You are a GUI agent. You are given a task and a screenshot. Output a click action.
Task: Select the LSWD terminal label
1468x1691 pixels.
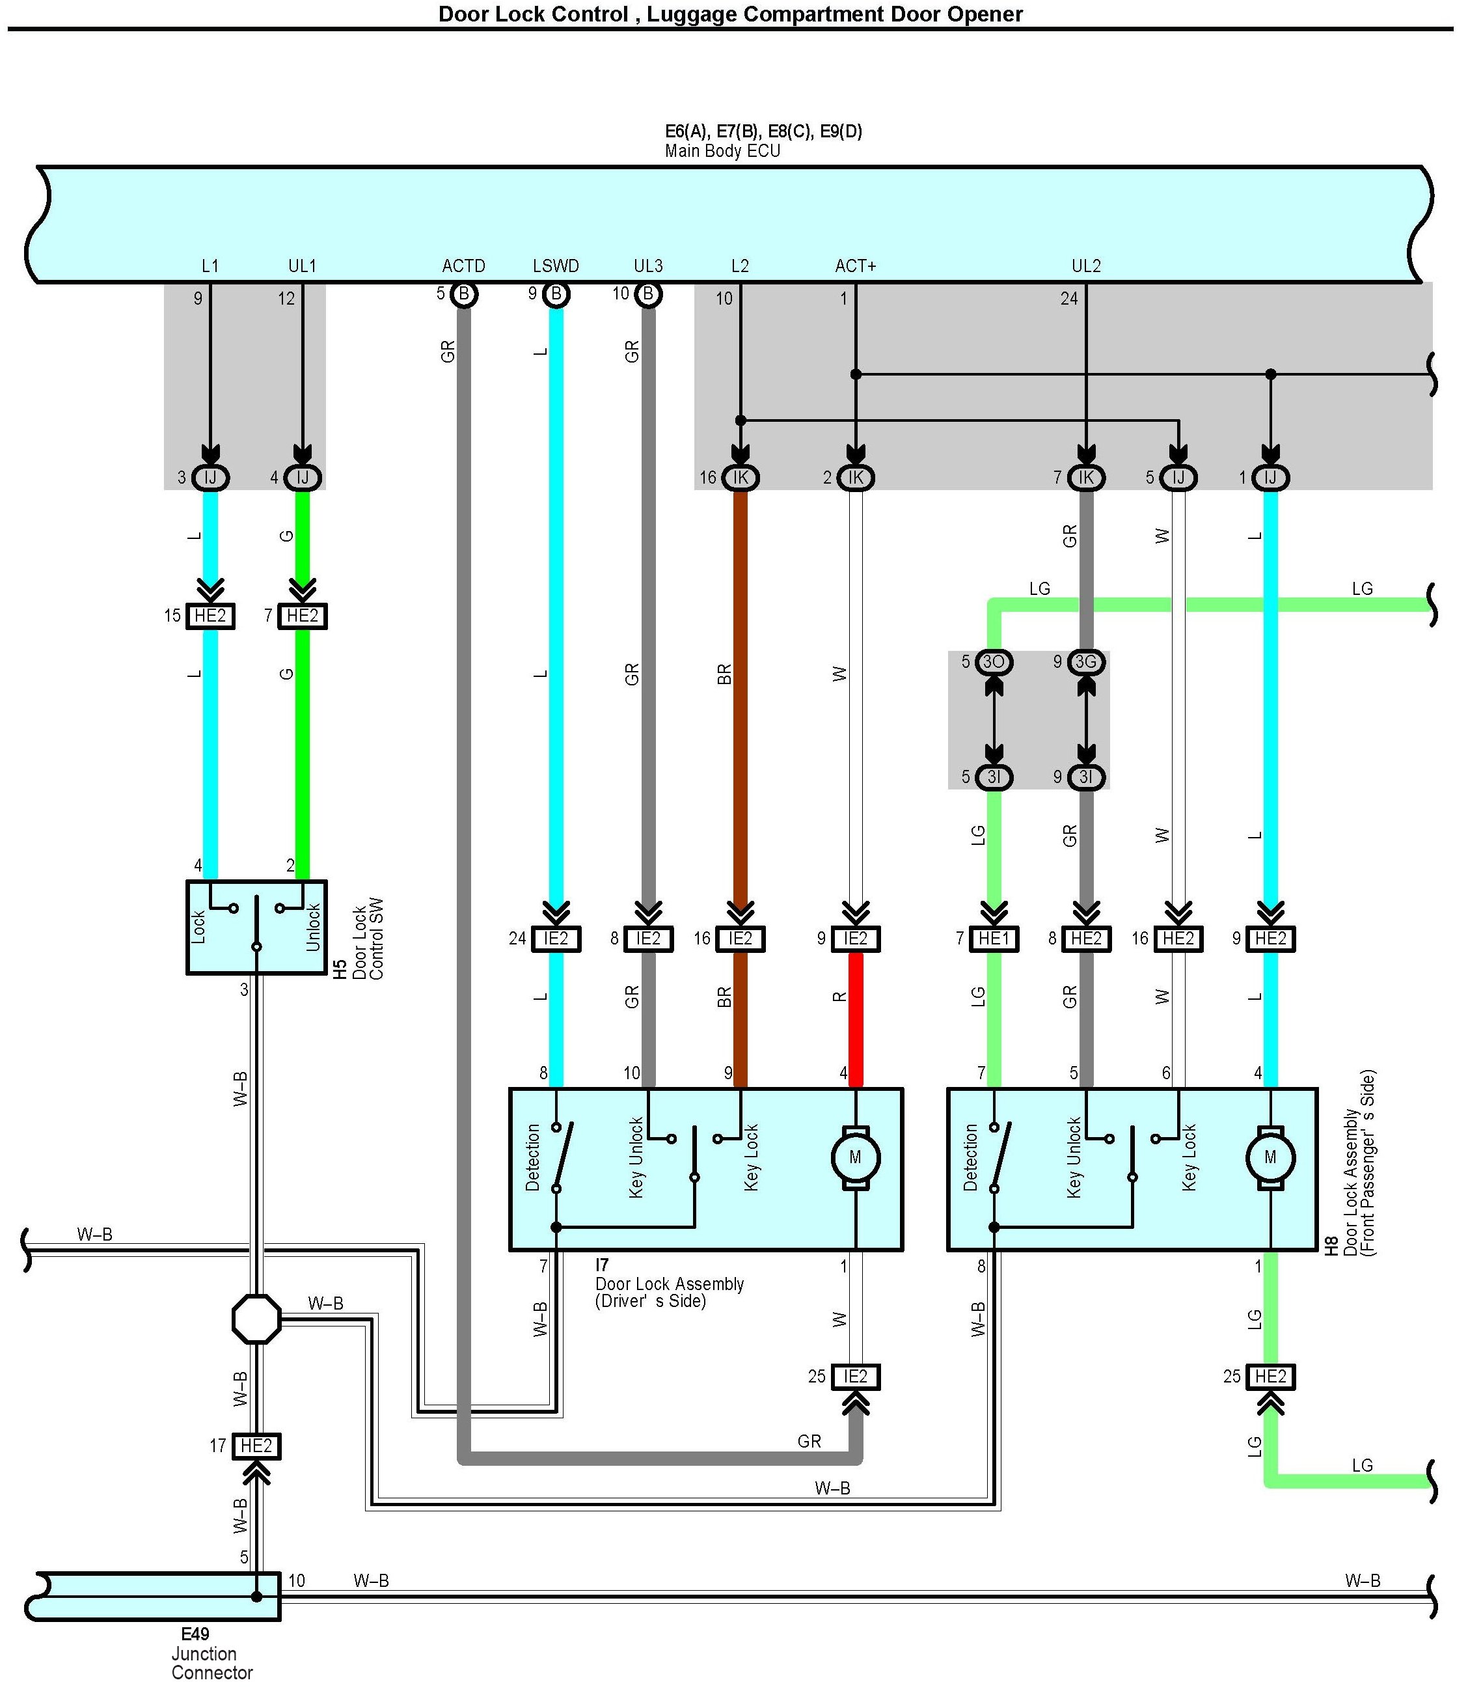(556, 266)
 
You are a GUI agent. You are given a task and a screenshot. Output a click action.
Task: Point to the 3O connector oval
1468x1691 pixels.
(994, 662)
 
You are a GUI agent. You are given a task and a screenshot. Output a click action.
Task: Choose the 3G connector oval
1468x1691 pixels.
(1086, 662)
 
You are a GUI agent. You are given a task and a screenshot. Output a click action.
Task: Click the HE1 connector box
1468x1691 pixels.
(994, 939)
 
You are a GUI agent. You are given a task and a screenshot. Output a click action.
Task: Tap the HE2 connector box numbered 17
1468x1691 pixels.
(256, 1446)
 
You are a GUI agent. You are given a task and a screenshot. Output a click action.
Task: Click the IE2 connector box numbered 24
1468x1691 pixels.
(556, 939)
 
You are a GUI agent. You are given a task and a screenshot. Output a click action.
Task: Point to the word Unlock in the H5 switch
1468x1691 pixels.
(312, 928)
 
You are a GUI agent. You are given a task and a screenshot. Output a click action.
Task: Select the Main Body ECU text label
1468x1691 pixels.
(722, 152)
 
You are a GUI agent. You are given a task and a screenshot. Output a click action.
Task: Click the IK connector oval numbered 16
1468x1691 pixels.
(740, 478)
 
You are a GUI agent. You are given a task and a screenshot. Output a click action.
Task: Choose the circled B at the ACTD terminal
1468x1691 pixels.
(464, 294)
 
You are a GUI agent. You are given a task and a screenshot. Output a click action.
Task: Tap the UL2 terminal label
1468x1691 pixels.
(1086, 266)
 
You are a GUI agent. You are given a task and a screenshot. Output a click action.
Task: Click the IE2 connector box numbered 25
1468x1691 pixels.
(855, 1377)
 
